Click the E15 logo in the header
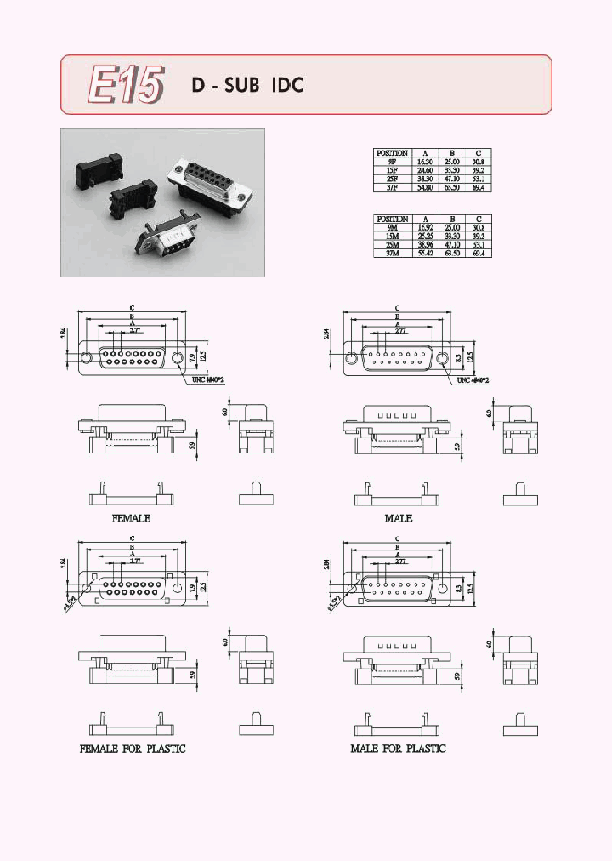click(x=126, y=85)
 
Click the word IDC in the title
click(x=287, y=86)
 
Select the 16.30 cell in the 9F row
click(x=424, y=161)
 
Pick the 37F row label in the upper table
click(x=393, y=187)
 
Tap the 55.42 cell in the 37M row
click(x=424, y=253)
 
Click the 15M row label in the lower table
click(x=393, y=236)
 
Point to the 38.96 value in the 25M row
click(x=424, y=244)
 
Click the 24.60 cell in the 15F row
click(x=424, y=169)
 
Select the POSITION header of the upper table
click(x=393, y=153)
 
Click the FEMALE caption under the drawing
click(x=131, y=518)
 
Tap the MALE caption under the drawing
click(x=398, y=518)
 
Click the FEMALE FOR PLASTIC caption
click(x=132, y=749)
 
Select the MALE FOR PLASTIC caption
click(x=398, y=749)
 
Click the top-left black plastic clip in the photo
click(x=93, y=159)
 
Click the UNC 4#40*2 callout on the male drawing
click(x=475, y=380)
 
